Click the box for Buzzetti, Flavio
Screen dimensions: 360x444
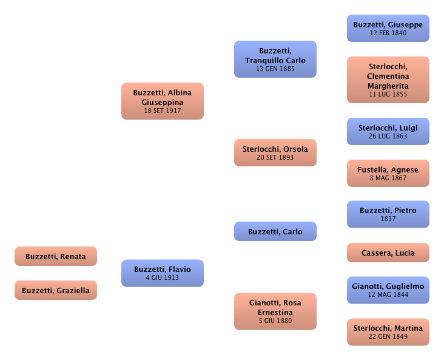point(162,273)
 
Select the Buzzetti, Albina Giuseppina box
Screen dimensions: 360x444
point(162,101)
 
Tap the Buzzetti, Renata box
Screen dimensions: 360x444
point(56,257)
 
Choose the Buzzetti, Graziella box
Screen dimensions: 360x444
point(56,290)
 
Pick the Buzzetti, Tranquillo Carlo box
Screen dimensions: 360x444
point(275,59)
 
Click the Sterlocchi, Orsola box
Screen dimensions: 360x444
point(275,152)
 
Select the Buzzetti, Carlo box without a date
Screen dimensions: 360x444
point(275,231)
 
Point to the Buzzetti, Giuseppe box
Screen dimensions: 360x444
point(388,28)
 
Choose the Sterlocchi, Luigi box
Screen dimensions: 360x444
point(388,131)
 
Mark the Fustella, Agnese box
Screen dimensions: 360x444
point(388,174)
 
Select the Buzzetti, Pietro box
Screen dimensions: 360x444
point(388,214)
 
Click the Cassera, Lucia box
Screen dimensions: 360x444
point(388,252)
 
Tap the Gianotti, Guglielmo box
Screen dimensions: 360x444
point(388,289)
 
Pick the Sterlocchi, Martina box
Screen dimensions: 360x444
point(388,331)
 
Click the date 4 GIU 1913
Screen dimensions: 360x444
point(162,278)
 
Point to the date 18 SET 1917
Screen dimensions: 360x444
point(162,111)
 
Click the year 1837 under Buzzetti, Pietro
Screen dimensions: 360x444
point(388,219)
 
